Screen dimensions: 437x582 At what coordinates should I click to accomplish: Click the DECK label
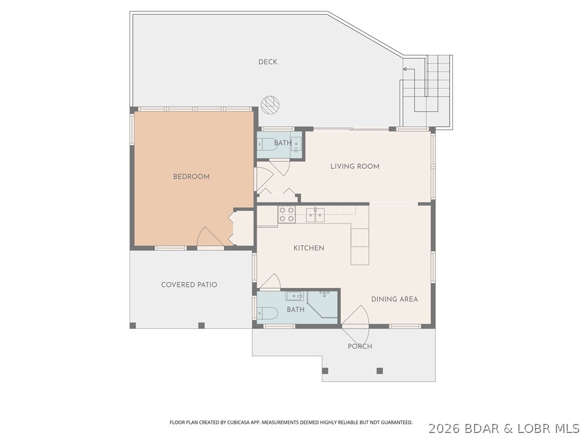pyautogui.click(x=268, y=61)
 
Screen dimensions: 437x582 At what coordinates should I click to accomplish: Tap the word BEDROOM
pyautogui.click(x=191, y=176)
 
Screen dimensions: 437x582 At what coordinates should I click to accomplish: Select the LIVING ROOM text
pyautogui.click(x=355, y=166)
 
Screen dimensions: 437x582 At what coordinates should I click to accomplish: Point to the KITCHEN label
pyautogui.click(x=309, y=248)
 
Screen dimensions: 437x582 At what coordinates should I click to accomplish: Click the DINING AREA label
pyautogui.click(x=394, y=299)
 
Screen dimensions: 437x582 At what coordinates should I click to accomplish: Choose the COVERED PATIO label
pyautogui.click(x=189, y=285)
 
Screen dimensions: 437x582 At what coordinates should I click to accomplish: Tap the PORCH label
pyautogui.click(x=360, y=346)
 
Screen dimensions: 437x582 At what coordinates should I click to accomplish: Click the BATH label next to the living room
pyautogui.click(x=282, y=143)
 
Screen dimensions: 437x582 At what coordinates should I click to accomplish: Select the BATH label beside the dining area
pyautogui.click(x=296, y=310)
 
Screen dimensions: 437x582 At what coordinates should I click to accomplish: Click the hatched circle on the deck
pyautogui.click(x=271, y=103)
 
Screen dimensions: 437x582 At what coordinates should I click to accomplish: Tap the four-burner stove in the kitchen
pyautogui.click(x=286, y=214)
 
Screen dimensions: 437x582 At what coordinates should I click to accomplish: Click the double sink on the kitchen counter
pyautogui.click(x=315, y=214)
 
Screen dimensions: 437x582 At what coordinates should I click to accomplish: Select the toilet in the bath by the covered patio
pyautogui.click(x=267, y=312)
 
